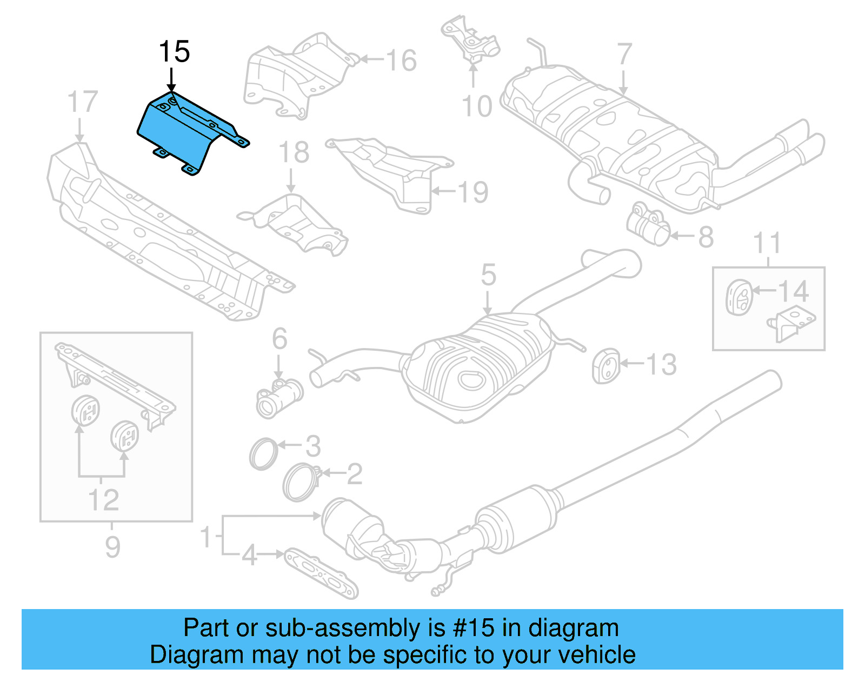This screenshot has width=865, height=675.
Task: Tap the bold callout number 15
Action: click(174, 52)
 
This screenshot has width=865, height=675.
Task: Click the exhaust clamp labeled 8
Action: click(649, 225)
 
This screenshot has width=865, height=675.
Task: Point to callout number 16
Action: click(402, 60)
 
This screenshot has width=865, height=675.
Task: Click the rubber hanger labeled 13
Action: click(606, 366)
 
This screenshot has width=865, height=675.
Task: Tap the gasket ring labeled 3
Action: click(263, 454)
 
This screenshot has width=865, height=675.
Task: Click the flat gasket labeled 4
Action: click(321, 573)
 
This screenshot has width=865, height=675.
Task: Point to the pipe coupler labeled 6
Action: click(278, 398)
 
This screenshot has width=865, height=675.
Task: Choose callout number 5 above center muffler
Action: click(488, 275)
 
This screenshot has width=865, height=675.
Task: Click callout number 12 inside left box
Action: click(103, 500)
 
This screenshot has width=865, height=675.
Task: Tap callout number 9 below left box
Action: click(112, 547)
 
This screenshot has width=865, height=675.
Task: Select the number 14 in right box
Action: click(793, 291)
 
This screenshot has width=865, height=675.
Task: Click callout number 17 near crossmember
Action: click(83, 102)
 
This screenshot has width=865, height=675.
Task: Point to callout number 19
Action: click(473, 192)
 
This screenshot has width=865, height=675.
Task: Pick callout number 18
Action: click(294, 152)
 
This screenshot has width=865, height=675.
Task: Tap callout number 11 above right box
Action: click(767, 243)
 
